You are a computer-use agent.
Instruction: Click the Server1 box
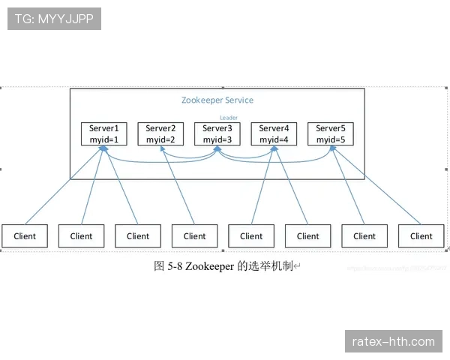pos(104,133)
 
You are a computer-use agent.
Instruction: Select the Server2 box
pos(160,133)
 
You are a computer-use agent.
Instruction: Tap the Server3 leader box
pos(217,133)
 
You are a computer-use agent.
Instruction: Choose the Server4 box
pos(274,133)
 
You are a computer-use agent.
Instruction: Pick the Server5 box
pos(331,133)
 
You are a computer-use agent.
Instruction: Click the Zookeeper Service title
pos(217,100)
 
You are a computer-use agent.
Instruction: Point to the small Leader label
pos(229,117)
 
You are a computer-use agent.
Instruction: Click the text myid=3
pos(217,139)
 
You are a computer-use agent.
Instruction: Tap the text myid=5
pos(331,139)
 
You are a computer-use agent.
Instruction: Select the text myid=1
pos(104,139)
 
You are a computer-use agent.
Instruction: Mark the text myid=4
pos(274,139)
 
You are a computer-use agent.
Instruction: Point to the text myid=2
pos(160,139)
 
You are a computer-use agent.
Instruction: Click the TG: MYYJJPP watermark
pos(54,19)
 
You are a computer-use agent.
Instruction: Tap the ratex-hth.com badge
pos(393,342)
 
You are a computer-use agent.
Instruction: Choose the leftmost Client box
pos(25,235)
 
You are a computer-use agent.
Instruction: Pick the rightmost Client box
pos(421,235)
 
